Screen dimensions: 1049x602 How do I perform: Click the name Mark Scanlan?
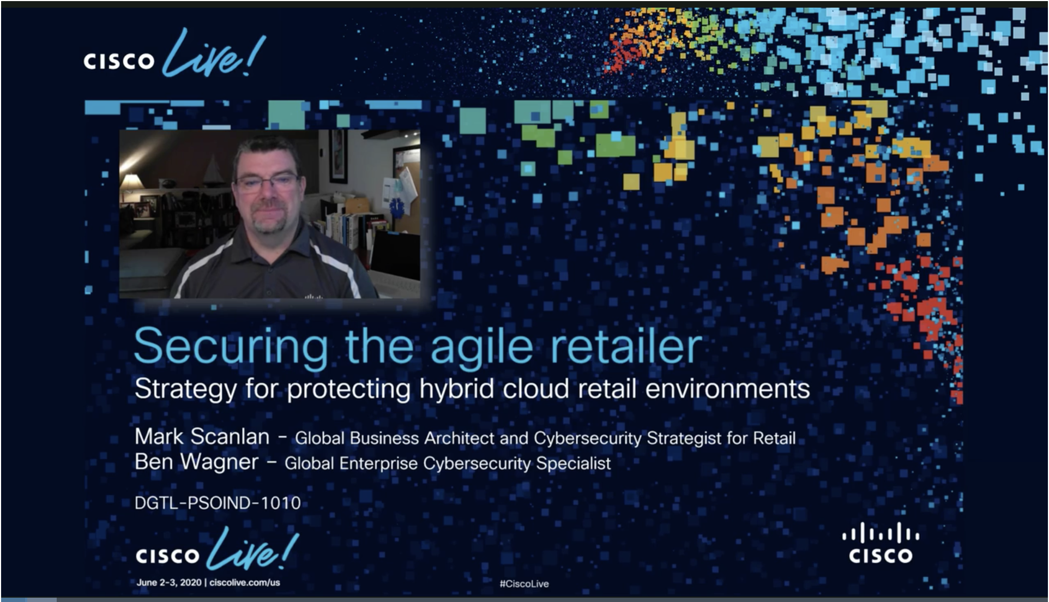point(202,437)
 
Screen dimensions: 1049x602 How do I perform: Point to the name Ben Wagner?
point(196,462)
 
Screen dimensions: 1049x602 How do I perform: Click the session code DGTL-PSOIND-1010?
point(218,503)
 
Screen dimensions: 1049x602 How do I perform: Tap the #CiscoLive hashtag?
point(524,583)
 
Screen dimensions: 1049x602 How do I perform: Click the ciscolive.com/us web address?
point(245,582)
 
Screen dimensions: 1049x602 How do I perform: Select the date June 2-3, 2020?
point(169,582)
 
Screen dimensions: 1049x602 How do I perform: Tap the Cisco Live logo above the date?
point(217,550)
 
